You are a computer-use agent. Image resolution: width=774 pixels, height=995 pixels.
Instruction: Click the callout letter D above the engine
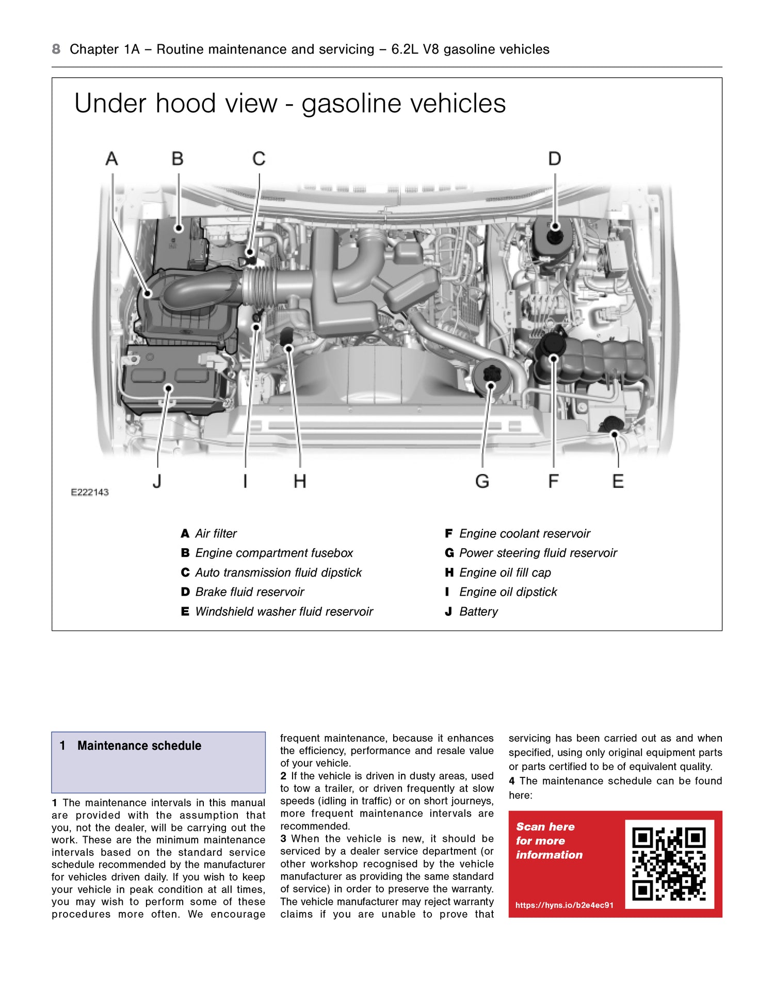554,158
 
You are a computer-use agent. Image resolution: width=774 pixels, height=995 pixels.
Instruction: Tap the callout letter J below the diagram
157,481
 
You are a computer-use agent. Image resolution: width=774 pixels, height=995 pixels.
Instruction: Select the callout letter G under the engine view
482,481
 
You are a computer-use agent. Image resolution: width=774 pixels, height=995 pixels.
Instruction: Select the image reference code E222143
90,492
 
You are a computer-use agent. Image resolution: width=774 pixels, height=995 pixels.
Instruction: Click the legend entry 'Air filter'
216,533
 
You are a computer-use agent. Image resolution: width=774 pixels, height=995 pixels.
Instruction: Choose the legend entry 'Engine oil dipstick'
508,592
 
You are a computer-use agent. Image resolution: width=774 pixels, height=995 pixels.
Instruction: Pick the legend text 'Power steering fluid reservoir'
538,553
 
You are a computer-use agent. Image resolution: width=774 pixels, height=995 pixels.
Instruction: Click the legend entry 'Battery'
478,611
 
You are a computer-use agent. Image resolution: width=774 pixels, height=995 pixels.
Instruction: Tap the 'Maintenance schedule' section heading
139,745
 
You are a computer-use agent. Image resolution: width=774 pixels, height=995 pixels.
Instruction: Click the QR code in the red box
669,864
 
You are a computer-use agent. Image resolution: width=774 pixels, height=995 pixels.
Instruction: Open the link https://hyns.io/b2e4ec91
565,905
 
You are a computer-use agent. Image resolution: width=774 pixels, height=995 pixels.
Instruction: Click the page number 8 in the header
56,49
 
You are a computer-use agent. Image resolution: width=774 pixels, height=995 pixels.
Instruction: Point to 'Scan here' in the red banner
545,826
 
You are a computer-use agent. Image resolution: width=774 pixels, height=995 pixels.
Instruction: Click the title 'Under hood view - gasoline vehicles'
290,103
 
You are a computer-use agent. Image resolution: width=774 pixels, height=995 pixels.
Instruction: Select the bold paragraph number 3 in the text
283,839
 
